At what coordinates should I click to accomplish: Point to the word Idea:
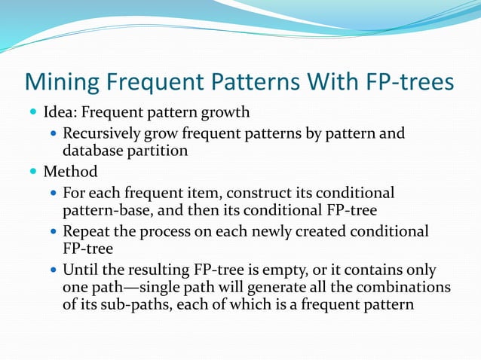pos(60,114)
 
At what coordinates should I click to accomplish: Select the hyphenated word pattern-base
pos(106,209)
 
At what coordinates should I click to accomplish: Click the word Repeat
pos(86,231)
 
